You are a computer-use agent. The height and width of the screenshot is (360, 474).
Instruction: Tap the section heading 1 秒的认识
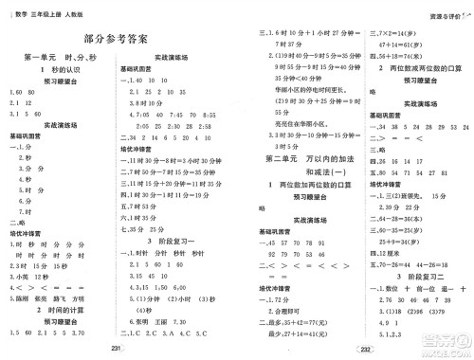pyautogui.click(x=59, y=72)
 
